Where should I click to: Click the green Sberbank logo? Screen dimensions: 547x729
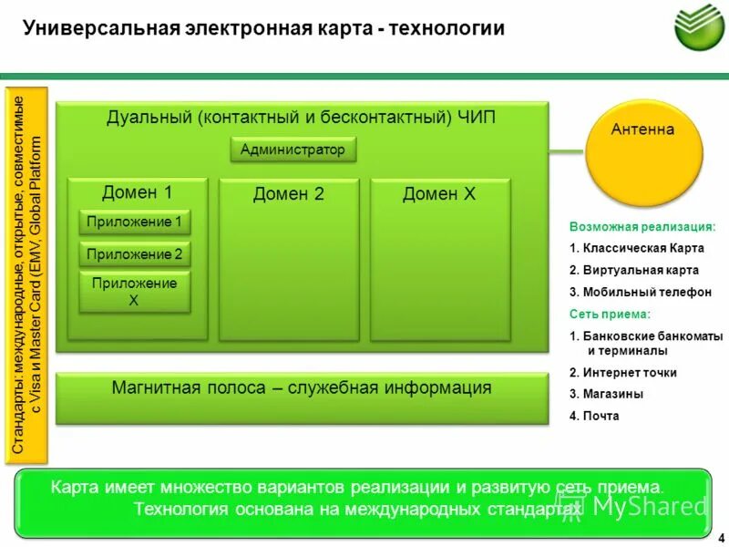[698, 26]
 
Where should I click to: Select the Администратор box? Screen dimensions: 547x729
[293, 150]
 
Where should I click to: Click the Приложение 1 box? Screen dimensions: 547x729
[134, 222]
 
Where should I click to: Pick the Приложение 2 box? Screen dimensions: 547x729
[134, 254]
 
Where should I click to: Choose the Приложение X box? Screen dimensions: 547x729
[134, 292]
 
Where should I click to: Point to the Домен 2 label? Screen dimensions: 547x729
[288, 193]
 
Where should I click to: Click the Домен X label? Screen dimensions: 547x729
[439, 193]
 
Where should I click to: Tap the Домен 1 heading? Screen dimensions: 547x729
[137, 191]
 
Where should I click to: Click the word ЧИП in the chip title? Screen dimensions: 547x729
[477, 118]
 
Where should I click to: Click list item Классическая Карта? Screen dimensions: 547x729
[634, 248]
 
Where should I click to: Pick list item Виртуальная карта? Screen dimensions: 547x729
[634, 270]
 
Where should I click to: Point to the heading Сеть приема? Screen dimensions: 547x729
[610, 314]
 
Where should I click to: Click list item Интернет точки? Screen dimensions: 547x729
[623, 372]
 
